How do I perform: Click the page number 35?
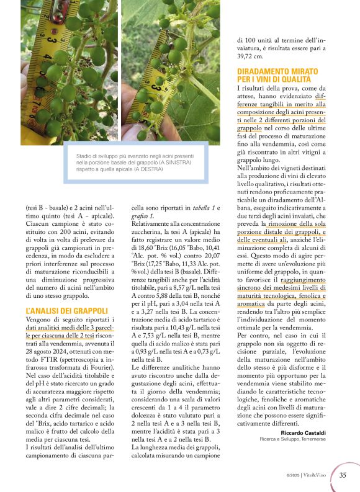coord(343,476)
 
